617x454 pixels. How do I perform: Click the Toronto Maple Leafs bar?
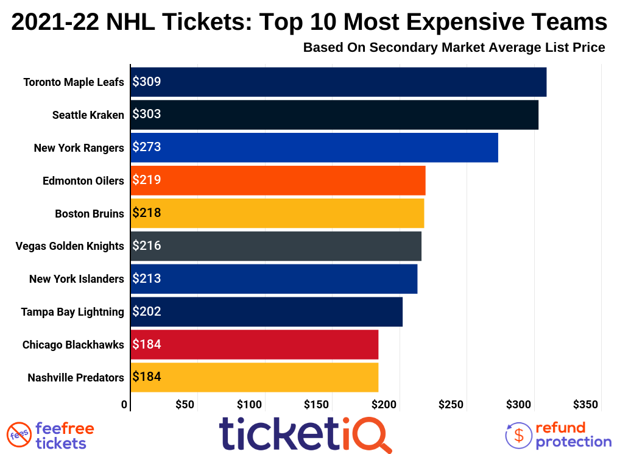tap(338, 82)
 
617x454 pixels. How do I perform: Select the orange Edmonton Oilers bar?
tap(278, 180)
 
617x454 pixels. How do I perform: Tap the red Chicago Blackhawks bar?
tap(255, 345)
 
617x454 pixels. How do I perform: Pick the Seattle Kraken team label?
tap(88, 115)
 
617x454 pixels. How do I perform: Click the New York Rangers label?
tap(79, 147)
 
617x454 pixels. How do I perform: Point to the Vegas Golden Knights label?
tap(69, 246)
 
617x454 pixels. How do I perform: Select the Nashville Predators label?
tap(76, 378)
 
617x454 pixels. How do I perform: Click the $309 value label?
tap(147, 82)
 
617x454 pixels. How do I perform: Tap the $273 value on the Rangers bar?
tap(147, 147)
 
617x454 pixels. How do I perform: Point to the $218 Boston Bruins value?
tap(147, 213)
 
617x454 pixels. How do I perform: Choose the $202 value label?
tap(147, 312)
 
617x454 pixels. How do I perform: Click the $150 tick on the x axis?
tap(317, 404)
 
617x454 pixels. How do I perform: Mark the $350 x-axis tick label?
tap(585, 404)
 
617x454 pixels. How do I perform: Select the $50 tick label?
tap(185, 404)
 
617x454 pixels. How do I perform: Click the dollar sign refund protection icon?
tap(519, 435)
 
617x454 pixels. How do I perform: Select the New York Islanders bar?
tap(274, 279)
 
